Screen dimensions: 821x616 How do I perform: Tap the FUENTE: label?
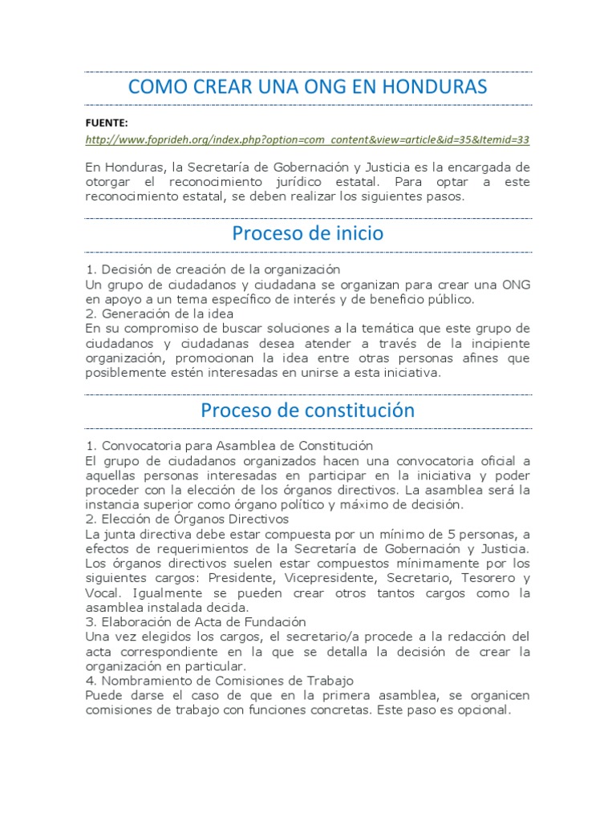(x=107, y=123)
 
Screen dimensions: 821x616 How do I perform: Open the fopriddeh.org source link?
(x=307, y=140)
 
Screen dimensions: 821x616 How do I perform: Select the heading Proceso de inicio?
(x=307, y=234)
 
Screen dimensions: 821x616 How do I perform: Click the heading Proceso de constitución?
(x=307, y=410)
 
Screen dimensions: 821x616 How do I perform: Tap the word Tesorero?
(x=480, y=578)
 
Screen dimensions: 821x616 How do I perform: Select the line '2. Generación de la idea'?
(x=160, y=313)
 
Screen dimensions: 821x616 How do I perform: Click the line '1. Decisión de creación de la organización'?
(x=213, y=269)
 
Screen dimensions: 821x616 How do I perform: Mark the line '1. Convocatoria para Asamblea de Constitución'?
(x=229, y=446)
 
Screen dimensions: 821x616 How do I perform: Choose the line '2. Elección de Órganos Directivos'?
(x=186, y=520)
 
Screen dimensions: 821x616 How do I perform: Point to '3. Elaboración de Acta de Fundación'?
(x=196, y=622)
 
